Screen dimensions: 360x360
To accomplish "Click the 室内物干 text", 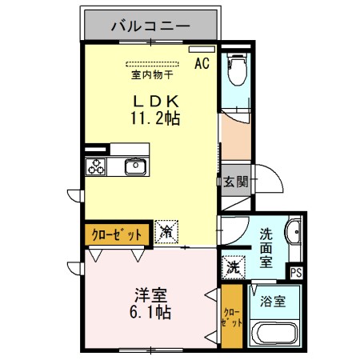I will (x=152, y=77).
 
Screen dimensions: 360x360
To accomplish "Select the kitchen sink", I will (x=134, y=167).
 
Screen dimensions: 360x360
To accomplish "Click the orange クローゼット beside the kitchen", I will (x=115, y=234).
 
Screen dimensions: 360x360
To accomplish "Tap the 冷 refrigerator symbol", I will (x=167, y=233).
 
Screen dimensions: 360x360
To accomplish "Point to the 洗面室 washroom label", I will (x=266, y=248).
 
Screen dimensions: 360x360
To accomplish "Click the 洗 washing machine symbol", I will (x=233, y=266).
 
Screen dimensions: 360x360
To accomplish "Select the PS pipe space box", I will (x=296, y=273).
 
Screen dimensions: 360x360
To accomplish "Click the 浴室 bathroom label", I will (x=274, y=302).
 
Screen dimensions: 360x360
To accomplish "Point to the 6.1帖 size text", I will (x=150, y=312).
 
